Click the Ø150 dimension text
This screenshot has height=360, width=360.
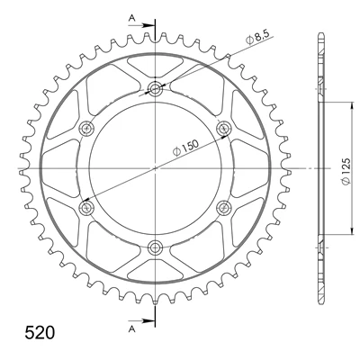click(186, 148)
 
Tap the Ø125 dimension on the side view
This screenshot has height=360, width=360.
click(346, 171)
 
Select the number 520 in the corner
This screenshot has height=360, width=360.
click(40, 332)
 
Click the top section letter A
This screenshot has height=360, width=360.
click(132, 18)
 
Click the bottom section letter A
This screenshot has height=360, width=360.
click(132, 329)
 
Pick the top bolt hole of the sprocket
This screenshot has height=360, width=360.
click(155, 89)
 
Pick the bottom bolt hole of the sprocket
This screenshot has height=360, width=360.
click(155, 247)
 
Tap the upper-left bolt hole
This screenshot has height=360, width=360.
click(86, 129)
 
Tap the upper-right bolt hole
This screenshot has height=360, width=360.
click(224, 129)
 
